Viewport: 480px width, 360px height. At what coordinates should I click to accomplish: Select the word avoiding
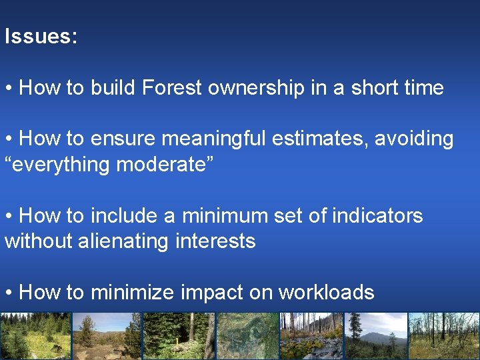tap(414, 139)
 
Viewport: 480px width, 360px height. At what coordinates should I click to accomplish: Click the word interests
tap(215, 241)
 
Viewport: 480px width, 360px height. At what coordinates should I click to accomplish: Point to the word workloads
tap(326, 292)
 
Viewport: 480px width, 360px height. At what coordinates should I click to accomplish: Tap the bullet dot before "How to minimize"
tap(9, 293)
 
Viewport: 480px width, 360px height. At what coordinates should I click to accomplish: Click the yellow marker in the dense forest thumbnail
tap(176, 341)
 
